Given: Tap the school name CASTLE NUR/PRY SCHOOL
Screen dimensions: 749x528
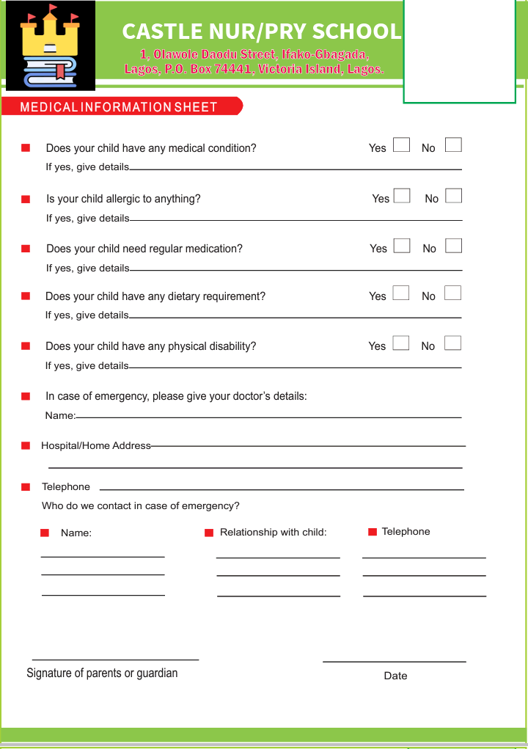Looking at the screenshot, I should coord(261,32).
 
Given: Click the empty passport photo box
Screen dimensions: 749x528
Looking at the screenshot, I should coord(460,51).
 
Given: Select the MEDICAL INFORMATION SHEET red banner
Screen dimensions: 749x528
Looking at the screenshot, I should coord(121,107).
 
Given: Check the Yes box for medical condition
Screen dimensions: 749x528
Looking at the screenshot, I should coord(401,145).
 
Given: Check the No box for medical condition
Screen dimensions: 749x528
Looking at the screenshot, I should coord(453,145).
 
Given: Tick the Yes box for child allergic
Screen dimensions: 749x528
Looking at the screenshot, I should coord(401,195).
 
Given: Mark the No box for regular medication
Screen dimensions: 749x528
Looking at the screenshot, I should coord(453,245).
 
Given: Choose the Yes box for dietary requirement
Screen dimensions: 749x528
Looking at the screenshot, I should coord(401,293).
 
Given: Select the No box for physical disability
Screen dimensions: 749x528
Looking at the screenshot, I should coord(453,343).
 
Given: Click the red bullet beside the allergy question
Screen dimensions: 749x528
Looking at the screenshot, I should coord(26,199).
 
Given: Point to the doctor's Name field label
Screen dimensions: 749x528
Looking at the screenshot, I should coord(60,416).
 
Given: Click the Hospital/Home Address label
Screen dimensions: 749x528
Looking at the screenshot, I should coord(96,445).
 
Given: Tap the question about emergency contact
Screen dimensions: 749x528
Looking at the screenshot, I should coord(141,505).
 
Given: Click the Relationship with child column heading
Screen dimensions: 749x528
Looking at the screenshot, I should coord(273,532).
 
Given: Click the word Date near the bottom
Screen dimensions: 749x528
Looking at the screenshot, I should coord(395,676).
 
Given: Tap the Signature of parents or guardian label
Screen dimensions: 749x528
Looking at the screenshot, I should coord(102,673).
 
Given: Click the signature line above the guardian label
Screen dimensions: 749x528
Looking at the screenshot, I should coord(115,660).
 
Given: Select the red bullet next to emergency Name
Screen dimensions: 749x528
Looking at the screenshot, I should coord(45,533).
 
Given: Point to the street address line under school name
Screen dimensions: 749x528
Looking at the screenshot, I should coord(254,55).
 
